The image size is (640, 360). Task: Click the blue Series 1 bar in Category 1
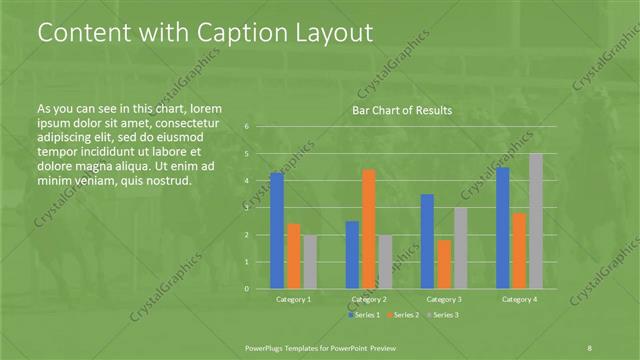(277, 230)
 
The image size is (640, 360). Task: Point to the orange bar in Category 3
(444, 263)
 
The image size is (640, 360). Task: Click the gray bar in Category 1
(310, 261)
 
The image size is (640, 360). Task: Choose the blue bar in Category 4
(503, 227)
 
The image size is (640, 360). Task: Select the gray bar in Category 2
(386, 261)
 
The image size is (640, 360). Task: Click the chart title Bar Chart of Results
(402, 110)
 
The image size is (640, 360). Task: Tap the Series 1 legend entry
(365, 315)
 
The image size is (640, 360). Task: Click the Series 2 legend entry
(402, 315)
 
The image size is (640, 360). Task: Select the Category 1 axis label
(294, 299)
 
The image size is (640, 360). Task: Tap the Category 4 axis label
(519, 299)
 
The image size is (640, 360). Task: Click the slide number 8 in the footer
(590, 346)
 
